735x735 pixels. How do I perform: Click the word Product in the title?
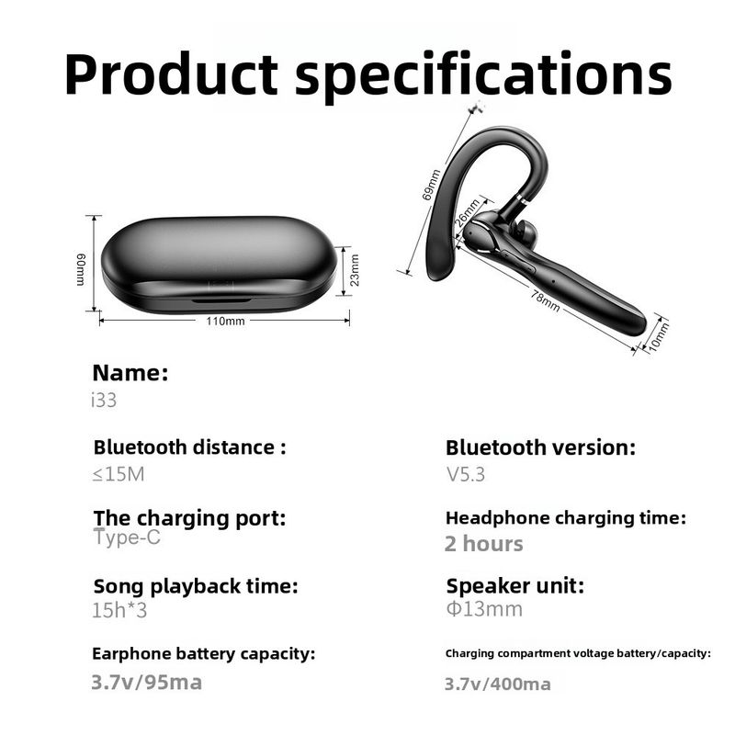point(172,74)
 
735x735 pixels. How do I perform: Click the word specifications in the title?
point(484,76)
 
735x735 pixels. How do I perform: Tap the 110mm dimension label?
point(225,321)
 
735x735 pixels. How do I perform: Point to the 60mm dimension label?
point(81,269)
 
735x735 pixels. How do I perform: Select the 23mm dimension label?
point(355,270)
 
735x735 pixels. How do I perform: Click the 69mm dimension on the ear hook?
point(431,185)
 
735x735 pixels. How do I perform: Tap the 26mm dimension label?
point(468,213)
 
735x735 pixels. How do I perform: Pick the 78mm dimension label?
point(545,300)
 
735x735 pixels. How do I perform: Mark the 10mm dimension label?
point(659,336)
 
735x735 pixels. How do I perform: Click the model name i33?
point(104,401)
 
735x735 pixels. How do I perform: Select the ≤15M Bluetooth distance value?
point(119,474)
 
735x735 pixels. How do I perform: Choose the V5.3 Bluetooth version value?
point(466,474)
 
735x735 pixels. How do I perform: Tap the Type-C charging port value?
point(127,537)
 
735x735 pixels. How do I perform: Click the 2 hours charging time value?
point(484,544)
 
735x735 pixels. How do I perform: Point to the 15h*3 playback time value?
point(119,610)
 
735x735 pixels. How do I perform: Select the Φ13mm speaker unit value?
point(484,609)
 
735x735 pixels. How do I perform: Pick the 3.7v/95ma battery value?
point(147,683)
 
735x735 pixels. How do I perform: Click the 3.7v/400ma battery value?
point(498,684)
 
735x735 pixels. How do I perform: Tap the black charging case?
point(219,265)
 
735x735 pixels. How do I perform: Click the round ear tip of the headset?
point(525,230)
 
